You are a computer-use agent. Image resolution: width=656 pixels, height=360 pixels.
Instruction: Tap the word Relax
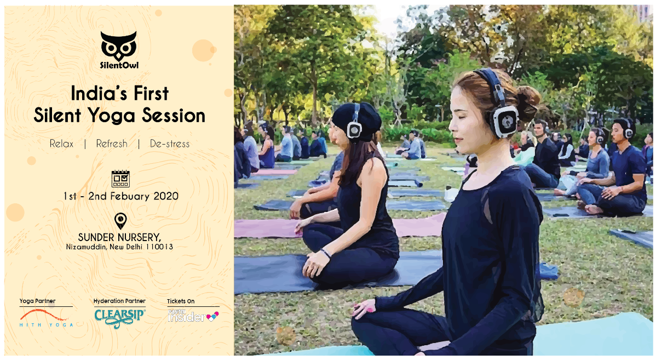(x=61, y=144)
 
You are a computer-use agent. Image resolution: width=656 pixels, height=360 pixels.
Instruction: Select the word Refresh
(x=112, y=144)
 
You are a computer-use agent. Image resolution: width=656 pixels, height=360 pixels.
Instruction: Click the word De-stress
(x=169, y=144)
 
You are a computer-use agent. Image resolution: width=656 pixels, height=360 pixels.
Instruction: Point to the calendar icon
(x=120, y=179)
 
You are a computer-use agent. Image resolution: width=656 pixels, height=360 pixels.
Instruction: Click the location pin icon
(x=120, y=221)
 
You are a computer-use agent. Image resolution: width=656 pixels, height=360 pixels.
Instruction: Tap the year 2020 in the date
(x=166, y=196)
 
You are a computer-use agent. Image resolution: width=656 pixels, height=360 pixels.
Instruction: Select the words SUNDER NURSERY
(x=119, y=237)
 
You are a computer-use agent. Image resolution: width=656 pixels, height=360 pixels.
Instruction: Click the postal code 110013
(x=159, y=247)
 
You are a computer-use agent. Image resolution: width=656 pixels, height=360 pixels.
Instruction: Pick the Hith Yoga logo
(x=46, y=318)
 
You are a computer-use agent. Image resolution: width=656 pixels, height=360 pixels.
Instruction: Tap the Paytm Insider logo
(x=193, y=316)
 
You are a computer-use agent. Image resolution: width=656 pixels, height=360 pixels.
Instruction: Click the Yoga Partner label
(x=37, y=301)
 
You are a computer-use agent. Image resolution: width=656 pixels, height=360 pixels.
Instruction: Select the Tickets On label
(x=181, y=301)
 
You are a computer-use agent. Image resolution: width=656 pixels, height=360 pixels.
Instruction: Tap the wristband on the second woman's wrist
(x=325, y=253)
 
